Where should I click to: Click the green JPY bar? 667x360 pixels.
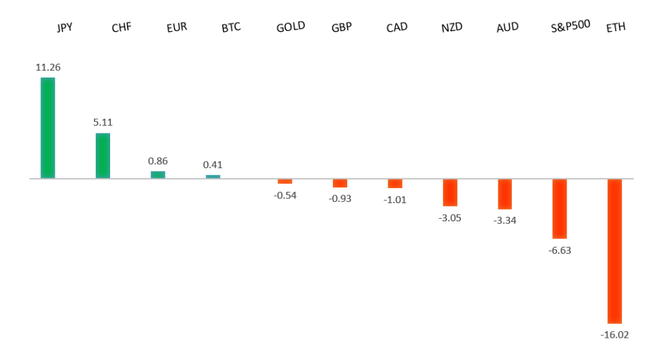tap(48, 128)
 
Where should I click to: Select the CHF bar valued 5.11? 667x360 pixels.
tap(103, 156)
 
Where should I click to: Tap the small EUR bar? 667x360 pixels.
tap(158, 174)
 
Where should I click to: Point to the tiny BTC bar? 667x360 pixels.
tap(213, 176)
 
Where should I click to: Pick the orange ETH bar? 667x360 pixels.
tap(614, 251)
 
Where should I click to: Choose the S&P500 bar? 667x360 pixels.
tap(560, 208)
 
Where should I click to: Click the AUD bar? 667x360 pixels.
tap(505, 194)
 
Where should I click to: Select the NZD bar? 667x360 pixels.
tap(450, 192)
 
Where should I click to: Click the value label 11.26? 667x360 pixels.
tap(48, 67)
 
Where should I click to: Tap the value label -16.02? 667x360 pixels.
tap(614, 335)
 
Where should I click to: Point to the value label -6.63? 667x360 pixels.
tap(560, 250)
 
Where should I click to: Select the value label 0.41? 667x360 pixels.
tap(213, 165)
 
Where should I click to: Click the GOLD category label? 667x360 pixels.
tap(291, 27)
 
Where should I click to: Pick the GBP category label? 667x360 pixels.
tap(341, 28)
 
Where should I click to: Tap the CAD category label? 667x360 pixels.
tap(397, 28)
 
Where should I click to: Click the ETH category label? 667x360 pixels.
tap(616, 28)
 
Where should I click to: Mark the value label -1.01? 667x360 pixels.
tap(395, 200)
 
